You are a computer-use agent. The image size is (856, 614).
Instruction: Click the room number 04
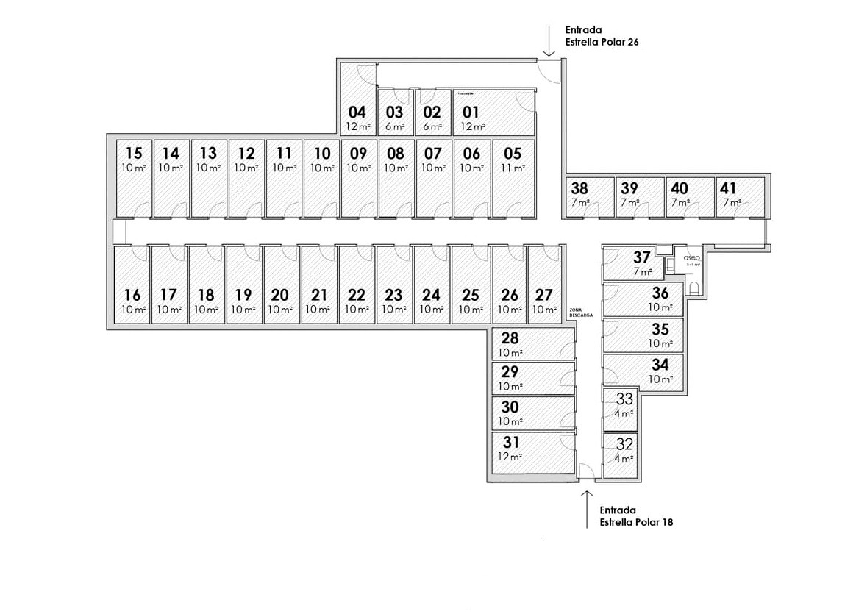click(x=357, y=113)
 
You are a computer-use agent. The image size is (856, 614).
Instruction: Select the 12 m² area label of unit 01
click(x=472, y=126)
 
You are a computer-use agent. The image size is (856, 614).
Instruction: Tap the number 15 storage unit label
click(x=133, y=154)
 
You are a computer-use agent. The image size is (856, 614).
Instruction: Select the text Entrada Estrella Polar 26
click(x=601, y=36)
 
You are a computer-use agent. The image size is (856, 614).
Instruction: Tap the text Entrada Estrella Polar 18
click(x=635, y=515)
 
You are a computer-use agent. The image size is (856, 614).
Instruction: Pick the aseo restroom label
click(x=691, y=258)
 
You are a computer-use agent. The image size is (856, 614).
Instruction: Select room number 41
click(x=730, y=188)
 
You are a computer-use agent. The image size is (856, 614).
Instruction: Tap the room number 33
click(x=624, y=399)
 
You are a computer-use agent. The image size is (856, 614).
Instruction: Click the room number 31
click(x=511, y=443)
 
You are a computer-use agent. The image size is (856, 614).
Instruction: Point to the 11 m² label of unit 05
click(x=513, y=168)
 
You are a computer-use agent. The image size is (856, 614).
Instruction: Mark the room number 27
click(x=544, y=296)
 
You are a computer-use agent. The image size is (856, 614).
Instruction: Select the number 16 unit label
click(x=132, y=296)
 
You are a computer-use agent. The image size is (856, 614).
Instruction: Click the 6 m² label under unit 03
click(x=395, y=126)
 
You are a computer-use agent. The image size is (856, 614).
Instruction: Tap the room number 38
click(x=579, y=188)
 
